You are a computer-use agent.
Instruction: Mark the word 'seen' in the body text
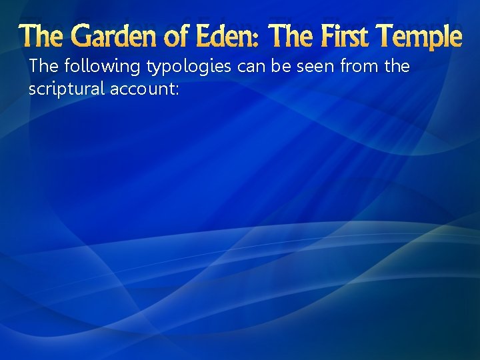click(311, 67)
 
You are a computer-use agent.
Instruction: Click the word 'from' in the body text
click(355, 67)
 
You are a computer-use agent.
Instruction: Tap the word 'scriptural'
click(62, 89)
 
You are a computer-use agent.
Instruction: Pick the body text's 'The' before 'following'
click(43, 67)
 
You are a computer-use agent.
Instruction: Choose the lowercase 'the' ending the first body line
click(395, 67)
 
